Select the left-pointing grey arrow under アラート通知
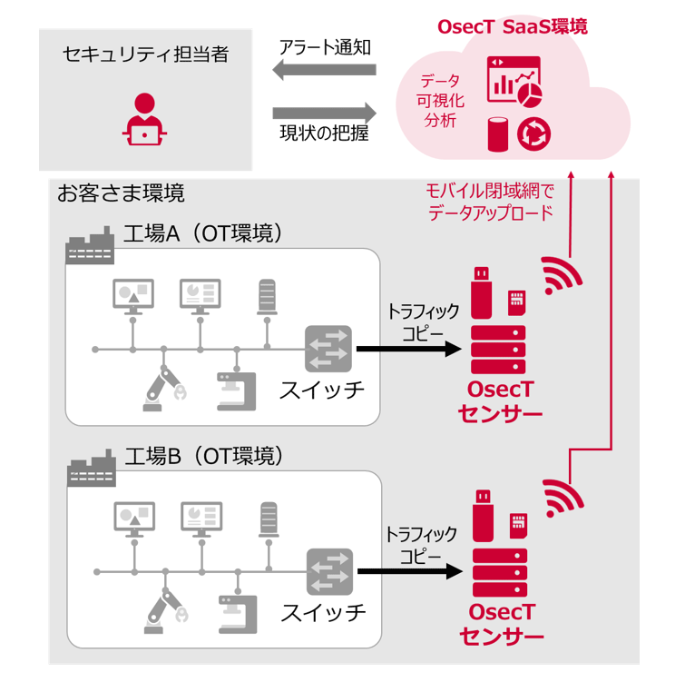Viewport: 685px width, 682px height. click(x=324, y=72)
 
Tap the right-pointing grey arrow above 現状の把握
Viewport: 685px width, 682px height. click(x=324, y=114)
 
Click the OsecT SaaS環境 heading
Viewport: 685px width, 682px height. click(x=512, y=26)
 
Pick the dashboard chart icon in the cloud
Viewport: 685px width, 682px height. click(x=514, y=80)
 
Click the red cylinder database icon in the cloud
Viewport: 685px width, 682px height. click(x=498, y=133)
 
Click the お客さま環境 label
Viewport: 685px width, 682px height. click(x=121, y=193)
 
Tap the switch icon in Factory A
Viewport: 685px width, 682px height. click(x=327, y=348)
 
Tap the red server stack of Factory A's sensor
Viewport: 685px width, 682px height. click(x=497, y=349)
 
